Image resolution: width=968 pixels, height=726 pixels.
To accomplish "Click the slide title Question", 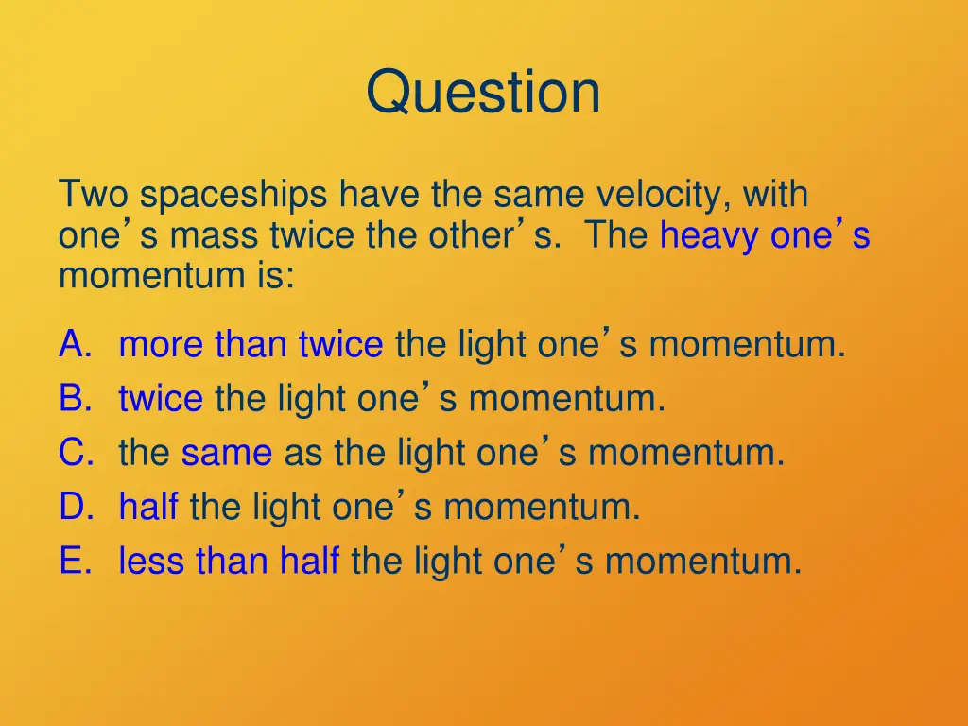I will tap(483, 93).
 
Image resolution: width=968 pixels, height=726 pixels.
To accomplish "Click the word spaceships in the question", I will tap(235, 196).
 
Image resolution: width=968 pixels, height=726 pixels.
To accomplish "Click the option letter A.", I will tap(75, 345).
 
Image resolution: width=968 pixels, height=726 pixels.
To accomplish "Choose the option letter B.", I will tap(75, 399).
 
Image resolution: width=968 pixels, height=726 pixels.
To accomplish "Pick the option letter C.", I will tap(76, 454).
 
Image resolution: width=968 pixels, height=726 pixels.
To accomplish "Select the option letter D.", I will tap(76, 508).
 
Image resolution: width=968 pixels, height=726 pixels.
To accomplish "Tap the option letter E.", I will tap(75, 562).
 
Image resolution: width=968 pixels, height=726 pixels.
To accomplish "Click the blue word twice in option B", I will tap(160, 399).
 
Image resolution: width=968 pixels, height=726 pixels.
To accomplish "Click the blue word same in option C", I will tap(227, 454).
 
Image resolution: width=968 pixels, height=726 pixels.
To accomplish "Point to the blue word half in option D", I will tap(147, 508).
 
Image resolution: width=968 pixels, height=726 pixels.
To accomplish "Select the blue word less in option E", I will tap(152, 562).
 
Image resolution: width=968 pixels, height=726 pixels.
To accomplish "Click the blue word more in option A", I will tap(162, 345).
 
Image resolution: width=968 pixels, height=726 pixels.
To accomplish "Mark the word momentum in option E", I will tap(702, 562).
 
